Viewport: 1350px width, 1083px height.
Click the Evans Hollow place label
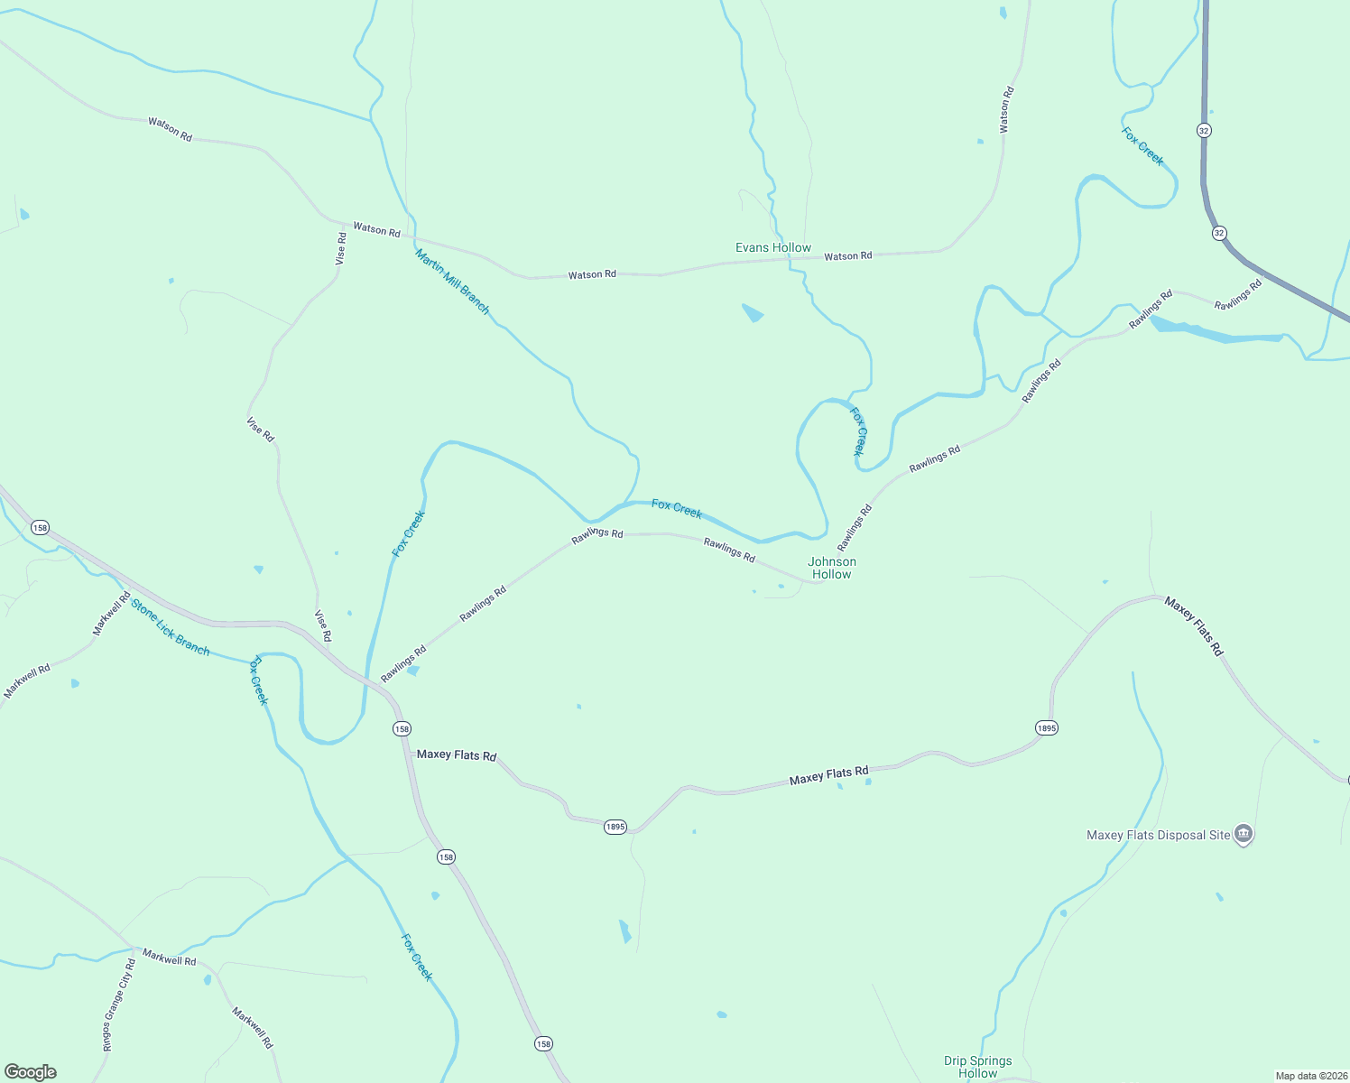pyautogui.click(x=773, y=247)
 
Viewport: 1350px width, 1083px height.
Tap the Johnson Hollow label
pyautogui.click(x=831, y=568)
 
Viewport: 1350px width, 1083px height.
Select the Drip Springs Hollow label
pyautogui.click(x=978, y=1067)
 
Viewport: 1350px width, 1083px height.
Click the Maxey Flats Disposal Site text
pyautogui.click(x=1158, y=835)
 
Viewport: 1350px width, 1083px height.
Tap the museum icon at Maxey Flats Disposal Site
pyautogui.click(x=1244, y=834)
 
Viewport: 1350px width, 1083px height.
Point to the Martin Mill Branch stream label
pyautogui.click(x=452, y=282)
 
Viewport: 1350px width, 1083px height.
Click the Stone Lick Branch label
pyautogui.click(x=171, y=626)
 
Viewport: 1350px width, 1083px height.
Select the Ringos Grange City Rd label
pyautogui.click(x=119, y=1005)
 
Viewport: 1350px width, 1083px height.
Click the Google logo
pyautogui.click(x=31, y=1072)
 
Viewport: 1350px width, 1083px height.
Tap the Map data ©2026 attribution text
pyautogui.click(x=1310, y=1076)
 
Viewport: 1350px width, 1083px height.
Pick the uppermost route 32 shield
pyautogui.click(x=1204, y=130)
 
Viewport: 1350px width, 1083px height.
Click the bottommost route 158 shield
pyautogui.click(x=542, y=1043)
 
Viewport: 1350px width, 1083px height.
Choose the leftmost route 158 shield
pyautogui.click(x=39, y=527)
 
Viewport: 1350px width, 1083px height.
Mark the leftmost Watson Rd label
pyautogui.click(x=170, y=129)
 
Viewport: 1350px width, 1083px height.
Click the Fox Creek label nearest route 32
pyautogui.click(x=1142, y=146)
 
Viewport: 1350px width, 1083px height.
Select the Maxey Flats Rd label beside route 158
pyautogui.click(x=456, y=754)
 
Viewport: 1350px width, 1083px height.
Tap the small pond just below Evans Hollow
pyautogui.click(x=752, y=313)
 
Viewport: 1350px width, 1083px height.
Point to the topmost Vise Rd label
pyautogui.click(x=341, y=248)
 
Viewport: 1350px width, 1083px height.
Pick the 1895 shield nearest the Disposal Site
pyautogui.click(x=1046, y=727)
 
